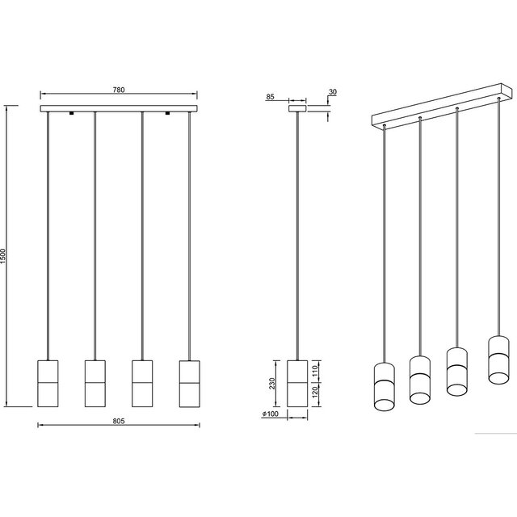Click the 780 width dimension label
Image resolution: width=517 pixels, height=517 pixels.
pyautogui.click(x=119, y=91)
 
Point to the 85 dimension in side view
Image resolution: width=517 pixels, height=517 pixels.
pyautogui.click(x=271, y=98)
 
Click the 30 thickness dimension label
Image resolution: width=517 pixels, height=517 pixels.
pyautogui.click(x=333, y=91)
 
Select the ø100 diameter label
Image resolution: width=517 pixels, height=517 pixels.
pyautogui.click(x=271, y=415)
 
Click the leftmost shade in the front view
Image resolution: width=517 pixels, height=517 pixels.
pyautogui.click(x=48, y=384)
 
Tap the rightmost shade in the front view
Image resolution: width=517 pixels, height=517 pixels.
pyautogui.click(x=189, y=384)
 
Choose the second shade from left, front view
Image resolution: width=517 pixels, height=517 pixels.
pyautogui.click(x=95, y=384)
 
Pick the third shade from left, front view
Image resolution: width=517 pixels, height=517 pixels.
pyautogui.click(x=142, y=384)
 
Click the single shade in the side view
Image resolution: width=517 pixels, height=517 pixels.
pyautogui.click(x=298, y=384)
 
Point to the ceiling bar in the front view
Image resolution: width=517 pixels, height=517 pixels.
pyautogui.click(x=119, y=107)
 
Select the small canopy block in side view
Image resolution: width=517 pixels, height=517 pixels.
pyautogui.click(x=298, y=106)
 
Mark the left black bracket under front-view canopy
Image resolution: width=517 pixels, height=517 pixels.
pyautogui.click(x=72, y=113)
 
